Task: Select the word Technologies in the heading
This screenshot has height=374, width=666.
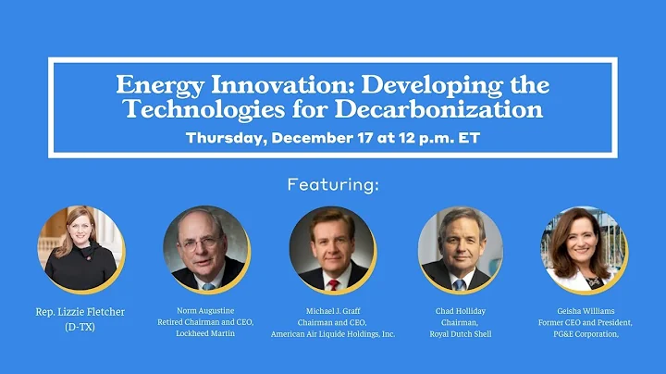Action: [198, 110]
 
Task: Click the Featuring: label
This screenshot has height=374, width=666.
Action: [332, 184]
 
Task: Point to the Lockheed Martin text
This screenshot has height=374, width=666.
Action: [205, 334]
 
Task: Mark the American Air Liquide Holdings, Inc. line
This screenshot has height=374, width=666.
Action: [332, 334]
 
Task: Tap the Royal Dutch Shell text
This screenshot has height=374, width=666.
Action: [460, 334]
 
